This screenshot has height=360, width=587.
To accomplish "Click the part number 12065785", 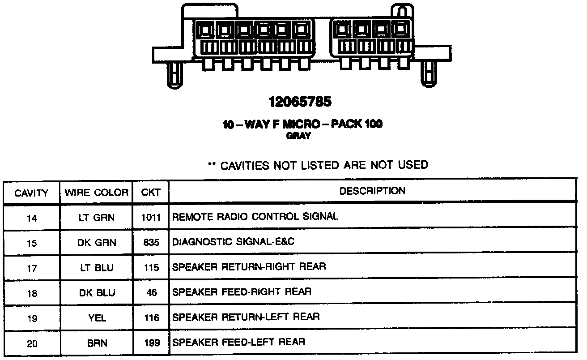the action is click(x=300, y=102).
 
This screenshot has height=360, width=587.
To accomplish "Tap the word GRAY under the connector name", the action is click(x=298, y=137).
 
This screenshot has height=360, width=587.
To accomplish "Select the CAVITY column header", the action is click(x=31, y=193).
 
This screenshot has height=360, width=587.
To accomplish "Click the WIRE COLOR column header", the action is click(x=97, y=193).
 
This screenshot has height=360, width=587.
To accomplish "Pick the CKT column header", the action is click(x=151, y=193).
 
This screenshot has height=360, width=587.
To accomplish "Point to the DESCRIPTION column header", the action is click(x=372, y=191).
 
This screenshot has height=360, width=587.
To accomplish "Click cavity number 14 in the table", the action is click(x=32, y=219).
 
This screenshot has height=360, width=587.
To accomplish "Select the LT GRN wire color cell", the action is click(x=97, y=218).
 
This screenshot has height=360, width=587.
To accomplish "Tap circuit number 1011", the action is click(x=151, y=218).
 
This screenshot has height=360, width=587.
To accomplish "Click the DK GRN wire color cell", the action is click(x=97, y=243).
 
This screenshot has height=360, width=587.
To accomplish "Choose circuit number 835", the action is click(x=152, y=243).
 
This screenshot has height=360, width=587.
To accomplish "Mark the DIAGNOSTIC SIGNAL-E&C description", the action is click(x=233, y=242).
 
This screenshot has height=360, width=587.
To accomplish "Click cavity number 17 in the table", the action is click(x=32, y=269).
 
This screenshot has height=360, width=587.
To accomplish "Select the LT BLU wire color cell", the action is click(x=97, y=268).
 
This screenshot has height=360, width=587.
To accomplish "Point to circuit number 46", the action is click(x=152, y=293).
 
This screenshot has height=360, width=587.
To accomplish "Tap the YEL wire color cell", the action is click(x=97, y=318).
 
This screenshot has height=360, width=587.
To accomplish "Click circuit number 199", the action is click(x=152, y=343).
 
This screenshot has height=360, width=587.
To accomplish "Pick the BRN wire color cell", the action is click(x=97, y=343).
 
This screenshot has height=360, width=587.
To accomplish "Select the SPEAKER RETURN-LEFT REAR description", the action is click(x=246, y=317).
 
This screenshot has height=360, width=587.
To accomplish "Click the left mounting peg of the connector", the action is click(x=174, y=74).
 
